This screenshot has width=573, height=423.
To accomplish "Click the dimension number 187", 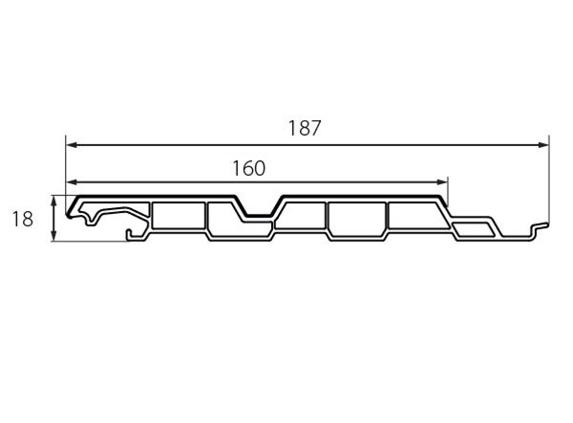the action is [x=305, y=128].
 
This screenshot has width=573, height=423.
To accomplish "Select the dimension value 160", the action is [x=249, y=168].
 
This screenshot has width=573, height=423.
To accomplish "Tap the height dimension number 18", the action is [x=23, y=220].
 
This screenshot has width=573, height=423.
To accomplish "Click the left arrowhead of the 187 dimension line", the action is [x=72, y=145].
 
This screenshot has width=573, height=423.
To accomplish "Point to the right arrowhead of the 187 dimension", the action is [x=543, y=145].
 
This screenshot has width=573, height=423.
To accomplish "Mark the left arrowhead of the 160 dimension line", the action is [x=72, y=181].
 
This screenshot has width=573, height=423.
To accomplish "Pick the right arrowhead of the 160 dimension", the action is [x=442, y=181].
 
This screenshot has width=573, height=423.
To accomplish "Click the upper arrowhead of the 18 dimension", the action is [x=54, y=201].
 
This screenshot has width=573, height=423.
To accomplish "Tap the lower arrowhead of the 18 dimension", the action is [x=54, y=236].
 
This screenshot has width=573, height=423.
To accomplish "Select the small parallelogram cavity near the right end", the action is [x=474, y=229].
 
